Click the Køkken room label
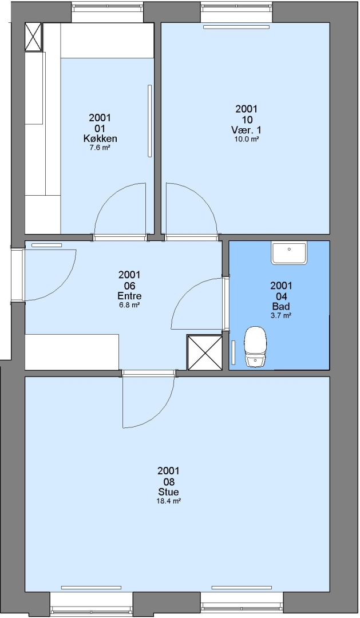click(100, 138)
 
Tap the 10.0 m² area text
click(247, 139)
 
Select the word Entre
click(129, 296)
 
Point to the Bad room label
click(281, 306)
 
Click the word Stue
click(168, 492)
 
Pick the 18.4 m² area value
click(168, 501)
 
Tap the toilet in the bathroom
click(255, 346)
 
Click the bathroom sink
click(289, 253)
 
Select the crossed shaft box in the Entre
click(205, 352)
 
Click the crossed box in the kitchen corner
click(33, 37)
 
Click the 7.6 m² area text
click(100, 148)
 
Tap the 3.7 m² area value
click(281, 316)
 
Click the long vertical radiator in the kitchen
click(150, 121)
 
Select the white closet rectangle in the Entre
click(72, 352)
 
